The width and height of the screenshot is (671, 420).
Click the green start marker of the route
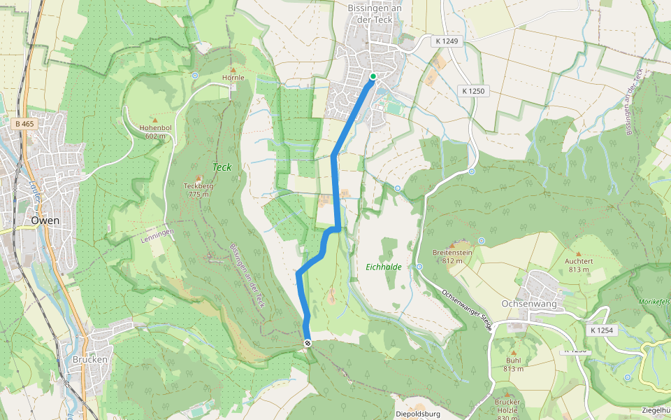click(373, 76)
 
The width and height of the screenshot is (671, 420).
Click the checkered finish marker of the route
click(308, 342)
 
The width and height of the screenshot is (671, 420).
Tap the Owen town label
click(45, 220)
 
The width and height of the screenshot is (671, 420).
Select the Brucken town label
click(89, 360)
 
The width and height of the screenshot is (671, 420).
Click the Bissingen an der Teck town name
click(376, 13)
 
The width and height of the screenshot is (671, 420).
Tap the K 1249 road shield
click(446, 41)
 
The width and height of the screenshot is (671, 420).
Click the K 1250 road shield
click(472, 91)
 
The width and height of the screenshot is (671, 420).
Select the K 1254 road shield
click(601, 330)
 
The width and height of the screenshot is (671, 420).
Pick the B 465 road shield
click(24, 124)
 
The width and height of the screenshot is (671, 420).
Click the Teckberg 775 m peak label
click(198, 190)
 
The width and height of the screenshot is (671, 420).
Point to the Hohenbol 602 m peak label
click(155, 132)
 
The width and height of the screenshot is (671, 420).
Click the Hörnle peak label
click(233, 78)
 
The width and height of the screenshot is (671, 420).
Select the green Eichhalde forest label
click(384, 267)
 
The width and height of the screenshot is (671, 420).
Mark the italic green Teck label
click(222, 167)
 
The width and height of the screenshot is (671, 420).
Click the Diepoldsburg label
click(417, 414)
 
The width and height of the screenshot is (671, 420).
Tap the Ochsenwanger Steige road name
click(466, 308)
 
